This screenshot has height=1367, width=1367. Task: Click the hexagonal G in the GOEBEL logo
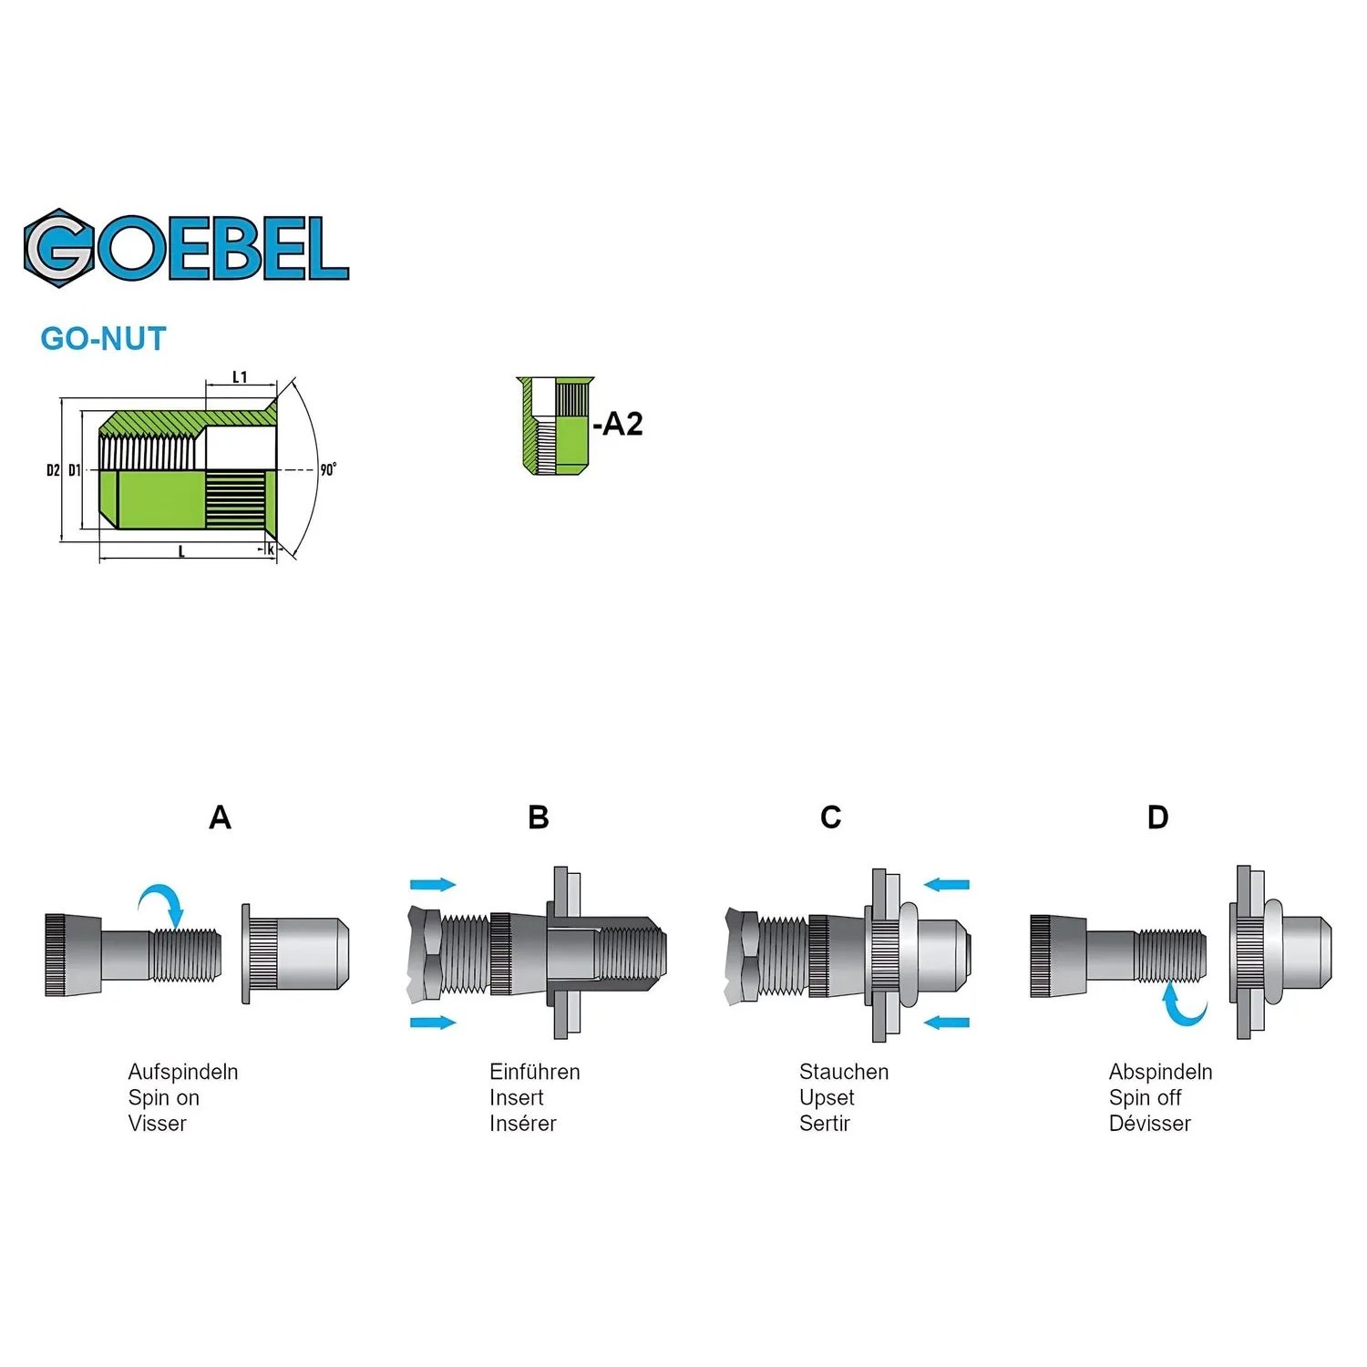point(59,248)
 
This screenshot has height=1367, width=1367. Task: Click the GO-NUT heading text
point(104,339)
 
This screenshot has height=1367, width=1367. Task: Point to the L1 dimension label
point(240,376)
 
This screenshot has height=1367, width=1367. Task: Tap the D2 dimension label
point(53,470)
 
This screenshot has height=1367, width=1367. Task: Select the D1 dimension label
point(74,470)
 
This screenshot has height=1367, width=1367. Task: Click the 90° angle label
point(328,469)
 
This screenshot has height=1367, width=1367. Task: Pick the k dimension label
point(271,550)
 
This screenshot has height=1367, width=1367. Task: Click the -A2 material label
point(618,424)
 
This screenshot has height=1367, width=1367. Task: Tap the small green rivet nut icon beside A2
point(555,426)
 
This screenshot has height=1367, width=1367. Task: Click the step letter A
point(220,817)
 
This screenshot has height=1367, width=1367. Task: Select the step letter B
point(539,817)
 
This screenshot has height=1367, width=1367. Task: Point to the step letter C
point(830,817)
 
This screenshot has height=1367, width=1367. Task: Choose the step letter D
point(1157,817)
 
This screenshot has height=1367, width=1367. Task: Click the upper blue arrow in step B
point(433,884)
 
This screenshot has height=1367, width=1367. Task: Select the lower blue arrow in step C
point(947,1023)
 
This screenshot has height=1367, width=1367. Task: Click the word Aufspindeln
point(183,1072)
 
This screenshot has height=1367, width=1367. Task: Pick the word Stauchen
point(844,1072)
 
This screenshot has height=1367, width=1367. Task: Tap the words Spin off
point(1145,1097)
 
